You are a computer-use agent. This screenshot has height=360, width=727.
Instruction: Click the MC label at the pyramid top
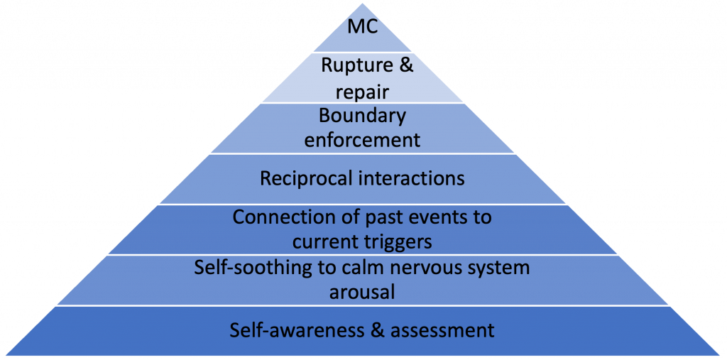click(362, 29)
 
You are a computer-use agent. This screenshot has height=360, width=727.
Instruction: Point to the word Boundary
click(362, 116)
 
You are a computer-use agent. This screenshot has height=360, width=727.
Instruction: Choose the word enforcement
click(362, 140)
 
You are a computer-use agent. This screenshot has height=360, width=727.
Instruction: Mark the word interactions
click(412, 178)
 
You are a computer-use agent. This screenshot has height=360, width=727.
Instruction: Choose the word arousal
click(362, 293)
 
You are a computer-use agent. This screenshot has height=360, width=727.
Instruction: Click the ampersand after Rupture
click(405, 66)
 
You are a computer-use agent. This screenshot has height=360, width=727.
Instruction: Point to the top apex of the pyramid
click(362, 3)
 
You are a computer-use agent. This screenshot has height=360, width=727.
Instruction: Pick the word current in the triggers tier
click(326, 241)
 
